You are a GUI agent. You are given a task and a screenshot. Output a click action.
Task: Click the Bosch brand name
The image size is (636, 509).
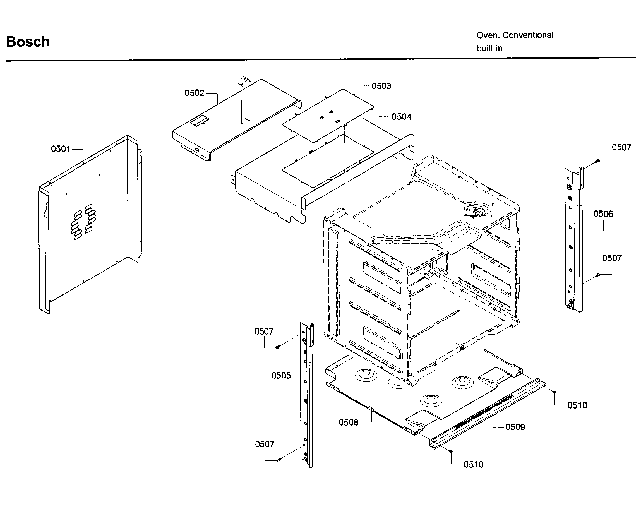pyautogui.click(x=28, y=42)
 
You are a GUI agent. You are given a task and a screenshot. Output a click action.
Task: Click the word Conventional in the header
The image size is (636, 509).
pyautogui.click(x=528, y=35)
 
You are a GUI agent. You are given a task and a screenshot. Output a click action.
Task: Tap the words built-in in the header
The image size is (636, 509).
pyautogui.click(x=489, y=48)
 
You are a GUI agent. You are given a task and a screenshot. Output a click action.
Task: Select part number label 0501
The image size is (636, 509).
pyautogui.click(x=61, y=149)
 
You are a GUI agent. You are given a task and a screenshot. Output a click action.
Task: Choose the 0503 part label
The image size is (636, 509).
pyautogui.click(x=381, y=86)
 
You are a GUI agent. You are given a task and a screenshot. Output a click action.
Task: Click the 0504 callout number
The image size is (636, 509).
pyautogui.click(x=401, y=117)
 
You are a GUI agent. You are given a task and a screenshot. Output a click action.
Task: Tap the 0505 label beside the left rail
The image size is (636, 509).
pyautogui.click(x=281, y=376)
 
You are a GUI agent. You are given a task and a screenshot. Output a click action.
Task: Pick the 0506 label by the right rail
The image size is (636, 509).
pyautogui.click(x=603, y=214)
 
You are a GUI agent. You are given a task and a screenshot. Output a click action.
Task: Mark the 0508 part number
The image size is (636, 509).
pyautogui.click(x=348, y=422)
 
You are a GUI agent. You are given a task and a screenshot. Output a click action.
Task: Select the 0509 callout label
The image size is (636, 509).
pyautogui.click(x=515, y=427)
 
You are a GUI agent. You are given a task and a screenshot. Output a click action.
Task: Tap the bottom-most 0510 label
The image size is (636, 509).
pyautogui.click(x=473, y=465)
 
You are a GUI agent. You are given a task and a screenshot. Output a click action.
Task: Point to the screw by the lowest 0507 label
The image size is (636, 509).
pyautogui.click(x=278, y=460)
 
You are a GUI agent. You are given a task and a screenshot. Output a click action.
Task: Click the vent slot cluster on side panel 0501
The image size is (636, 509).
pyautogui.click(x=83, y=221)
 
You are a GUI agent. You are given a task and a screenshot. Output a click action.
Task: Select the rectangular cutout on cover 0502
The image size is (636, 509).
pyautogui.click(x=199, y=121)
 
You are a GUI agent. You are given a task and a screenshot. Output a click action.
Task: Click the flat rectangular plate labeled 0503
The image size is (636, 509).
pyautogui.click(x=328, y=115)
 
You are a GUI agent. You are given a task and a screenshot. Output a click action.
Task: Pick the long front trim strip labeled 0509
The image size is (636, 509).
pyautogui.click(x=487, y=413)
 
